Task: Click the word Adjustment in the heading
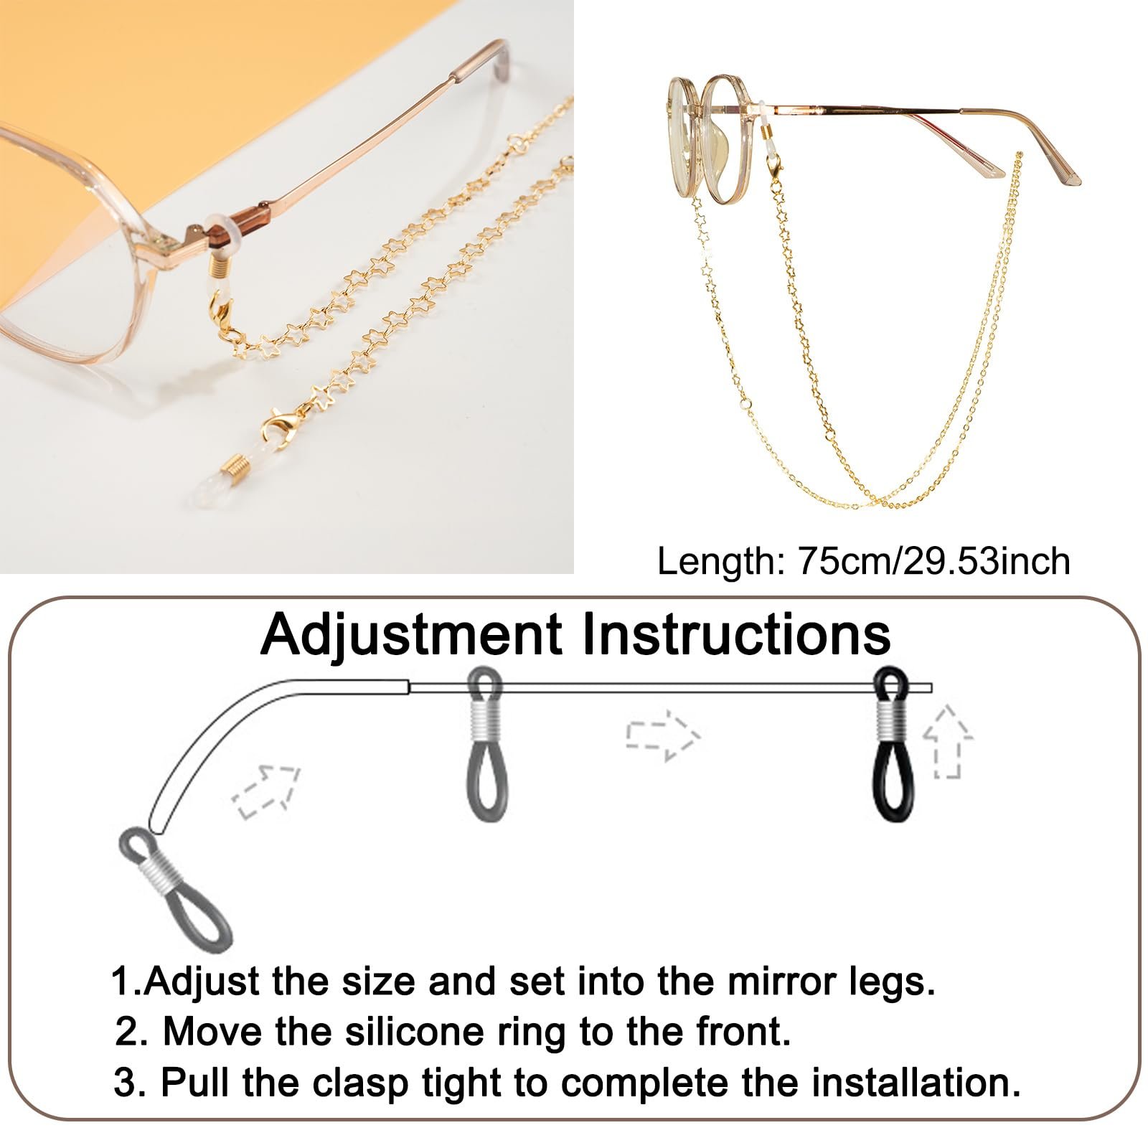[411, 635]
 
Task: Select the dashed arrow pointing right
[662, 735]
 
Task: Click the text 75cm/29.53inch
[933, 561]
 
